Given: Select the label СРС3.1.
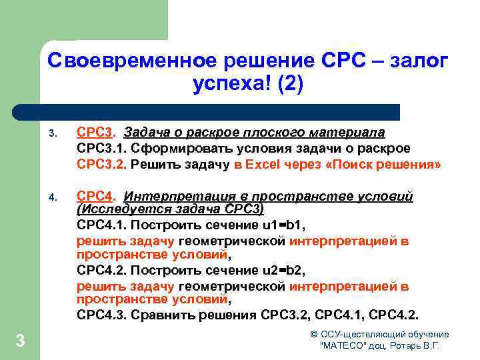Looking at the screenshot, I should coord(99,148).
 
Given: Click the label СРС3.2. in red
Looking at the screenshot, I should coord(101,164).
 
